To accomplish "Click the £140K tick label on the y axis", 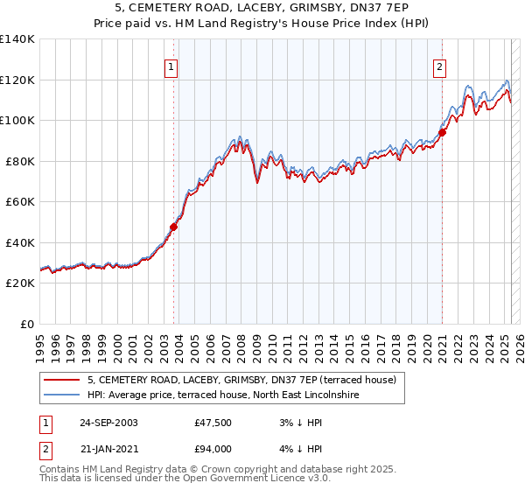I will click(17, 39).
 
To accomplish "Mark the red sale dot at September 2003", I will click(173, 227).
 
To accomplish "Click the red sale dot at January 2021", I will click(443, 132).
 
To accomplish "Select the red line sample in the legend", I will click(62, 380).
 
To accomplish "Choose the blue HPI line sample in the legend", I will click(62, 395).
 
